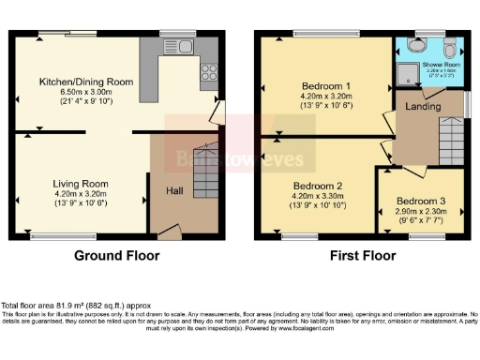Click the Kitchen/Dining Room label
pyautogui.click(x=85, y=82)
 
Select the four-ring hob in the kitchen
pyautogui.click(x=209, y=71)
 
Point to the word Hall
pyautogui.click(x=175, y=190)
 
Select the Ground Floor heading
pyautogui.click(x=116, y=255)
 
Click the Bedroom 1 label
pyautogui.click(x=326, y=84)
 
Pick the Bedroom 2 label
pyautogui.click(x=318, y=186)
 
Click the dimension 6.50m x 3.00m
pyautogui.click(x=85, y=94)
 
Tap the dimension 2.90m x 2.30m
pyautogui.click(x=420, y=213)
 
